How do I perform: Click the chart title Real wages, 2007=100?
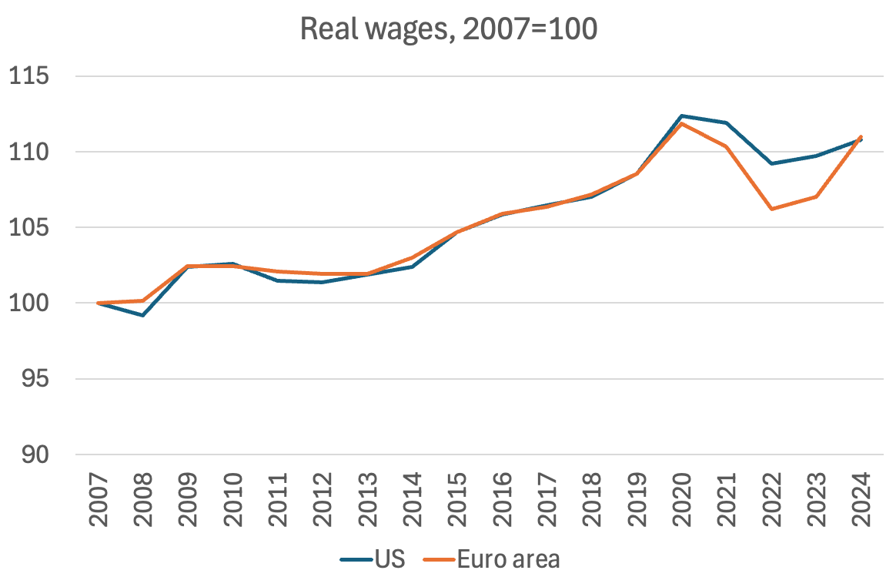coord(449,29)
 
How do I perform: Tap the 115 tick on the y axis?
coord(28,77)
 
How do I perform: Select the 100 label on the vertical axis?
coord(28,304)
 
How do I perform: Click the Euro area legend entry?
coord(491,558)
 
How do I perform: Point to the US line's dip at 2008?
coord(143,315)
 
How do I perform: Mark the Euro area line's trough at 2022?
coord(771,209)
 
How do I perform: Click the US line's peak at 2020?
coord(681,116)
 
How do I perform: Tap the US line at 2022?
coord(771,163)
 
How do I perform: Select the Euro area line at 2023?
coord(816,196)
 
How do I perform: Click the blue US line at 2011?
coord(278,280)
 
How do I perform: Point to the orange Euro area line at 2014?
coord(413,257)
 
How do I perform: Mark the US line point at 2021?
coord(726,122)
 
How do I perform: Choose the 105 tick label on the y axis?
coord(28,228)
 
